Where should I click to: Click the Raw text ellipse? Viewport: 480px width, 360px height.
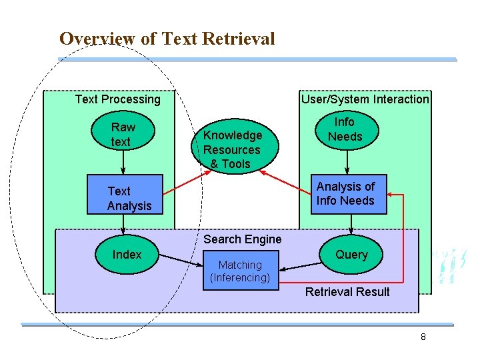(x=123, y=134)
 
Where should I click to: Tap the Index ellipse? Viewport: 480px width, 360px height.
(x=127, y=255)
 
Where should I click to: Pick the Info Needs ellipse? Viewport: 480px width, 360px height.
(x=345, y=129)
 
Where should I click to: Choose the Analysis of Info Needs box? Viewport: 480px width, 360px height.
(x=345, y=194)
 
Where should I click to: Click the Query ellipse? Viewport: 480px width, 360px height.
(x=351, y=255)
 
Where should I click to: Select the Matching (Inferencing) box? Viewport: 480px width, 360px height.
(x=240, y=271)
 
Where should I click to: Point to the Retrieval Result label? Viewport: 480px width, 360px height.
(x=347, y=292)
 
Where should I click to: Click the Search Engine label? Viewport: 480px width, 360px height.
(x=243, y=239)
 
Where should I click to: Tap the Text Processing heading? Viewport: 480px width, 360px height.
(x=118, y=99)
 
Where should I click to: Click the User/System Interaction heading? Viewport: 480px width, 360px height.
(x=365, y=99)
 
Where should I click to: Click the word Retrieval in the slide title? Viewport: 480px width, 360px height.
(x=243, y=39)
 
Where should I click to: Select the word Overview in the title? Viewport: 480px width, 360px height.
(x=97, y=39)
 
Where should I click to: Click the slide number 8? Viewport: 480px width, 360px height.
(x=423, y=337)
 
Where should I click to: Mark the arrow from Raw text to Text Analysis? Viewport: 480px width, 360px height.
(x=123, y=163)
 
